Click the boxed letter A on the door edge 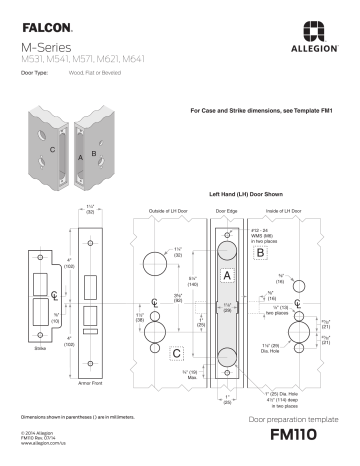click(x=227, y=273)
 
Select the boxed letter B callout click(x=260, y=254)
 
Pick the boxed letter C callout click(x=176, y=352)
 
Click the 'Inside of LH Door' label click(x=283, y=212)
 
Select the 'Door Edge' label click(x=227, y=212)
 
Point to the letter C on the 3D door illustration click(x=52, y=148)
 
